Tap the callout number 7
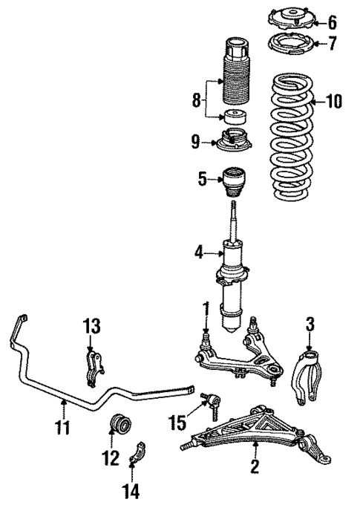pos(332,44)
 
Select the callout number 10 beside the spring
pos(333,102)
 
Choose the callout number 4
pos(200,253)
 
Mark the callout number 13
pos(90,327)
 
